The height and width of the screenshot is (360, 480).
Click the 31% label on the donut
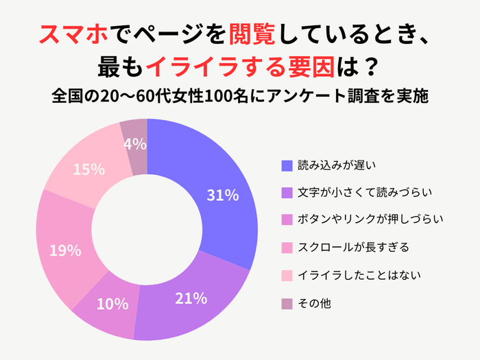point(222,195)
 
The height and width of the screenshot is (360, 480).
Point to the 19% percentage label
point(65,251)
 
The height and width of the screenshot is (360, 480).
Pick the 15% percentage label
point(88,169)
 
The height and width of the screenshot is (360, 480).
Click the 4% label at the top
point(135,144)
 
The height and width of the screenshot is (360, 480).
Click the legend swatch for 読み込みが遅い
point(287,165)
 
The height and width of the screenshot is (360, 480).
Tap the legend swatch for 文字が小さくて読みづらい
point(287,193)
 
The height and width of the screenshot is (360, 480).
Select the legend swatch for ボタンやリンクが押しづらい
point(287,220)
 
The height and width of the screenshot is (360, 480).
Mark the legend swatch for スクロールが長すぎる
point(287,248)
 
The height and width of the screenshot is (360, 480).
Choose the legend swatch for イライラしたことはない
point(287,275)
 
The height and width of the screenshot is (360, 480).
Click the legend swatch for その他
point(287,302)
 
